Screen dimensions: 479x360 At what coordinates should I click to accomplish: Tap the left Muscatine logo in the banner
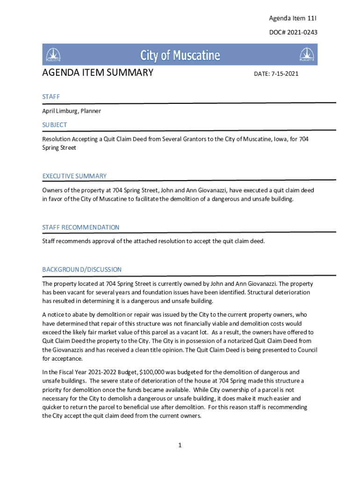53,55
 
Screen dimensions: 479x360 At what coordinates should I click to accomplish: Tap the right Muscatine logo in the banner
306,55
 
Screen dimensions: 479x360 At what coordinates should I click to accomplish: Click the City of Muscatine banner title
180,56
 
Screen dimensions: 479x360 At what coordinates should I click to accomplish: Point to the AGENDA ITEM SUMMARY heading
98,73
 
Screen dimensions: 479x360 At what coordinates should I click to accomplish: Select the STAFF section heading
51,96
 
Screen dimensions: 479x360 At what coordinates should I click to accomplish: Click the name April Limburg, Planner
72,111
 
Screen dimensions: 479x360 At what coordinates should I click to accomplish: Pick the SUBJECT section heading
55,125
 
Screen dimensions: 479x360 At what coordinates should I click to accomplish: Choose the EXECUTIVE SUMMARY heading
74,176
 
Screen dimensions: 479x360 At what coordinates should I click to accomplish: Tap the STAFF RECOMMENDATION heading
81,227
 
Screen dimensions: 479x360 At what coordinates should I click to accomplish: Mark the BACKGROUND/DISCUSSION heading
82,269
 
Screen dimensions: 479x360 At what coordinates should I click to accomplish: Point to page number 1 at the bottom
180,445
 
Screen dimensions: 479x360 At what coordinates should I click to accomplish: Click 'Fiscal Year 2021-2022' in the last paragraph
84,372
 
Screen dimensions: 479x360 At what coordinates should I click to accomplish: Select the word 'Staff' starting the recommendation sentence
49,241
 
